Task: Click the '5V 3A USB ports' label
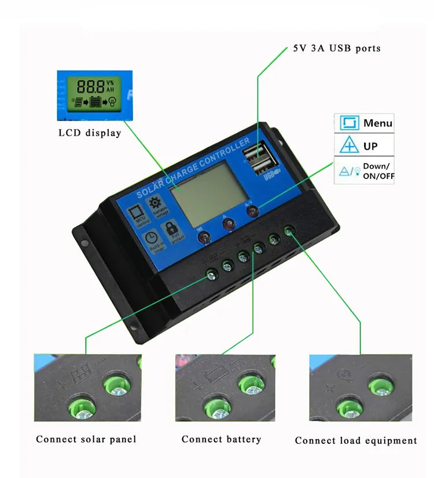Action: (x=337, y=48)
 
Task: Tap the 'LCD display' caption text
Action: (x=90, y=133)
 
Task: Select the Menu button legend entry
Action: (x=364, y=123)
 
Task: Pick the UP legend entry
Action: (x=364, y=145)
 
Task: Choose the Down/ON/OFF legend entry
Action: (x=364, y=170)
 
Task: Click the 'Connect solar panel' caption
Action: (x=86, y=439)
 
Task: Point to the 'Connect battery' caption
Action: (x=221, y=439)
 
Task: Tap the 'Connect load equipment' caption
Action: (x=356, y=441)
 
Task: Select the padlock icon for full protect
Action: (x=173, y=228)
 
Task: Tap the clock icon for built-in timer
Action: (x=150, y=238)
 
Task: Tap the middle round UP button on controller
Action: (x=229, y=224)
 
